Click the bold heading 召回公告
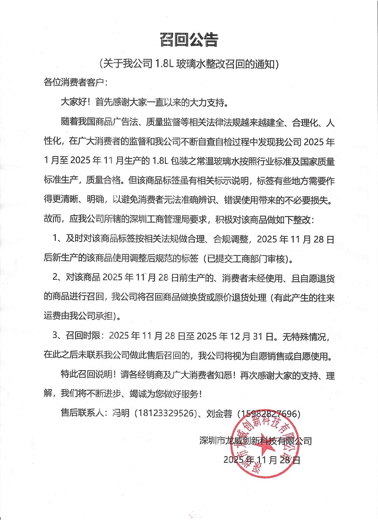[189, 40]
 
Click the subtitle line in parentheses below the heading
[189, 64]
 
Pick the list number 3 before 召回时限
[56, 337]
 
